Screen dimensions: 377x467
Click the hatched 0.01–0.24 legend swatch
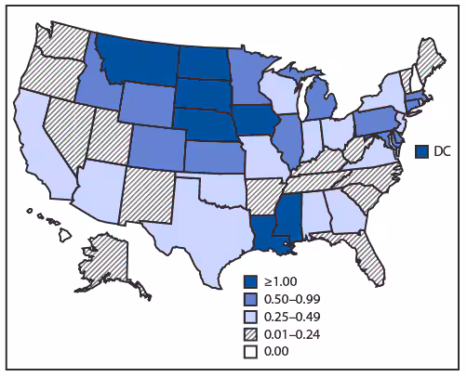click(x=249, y=331)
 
